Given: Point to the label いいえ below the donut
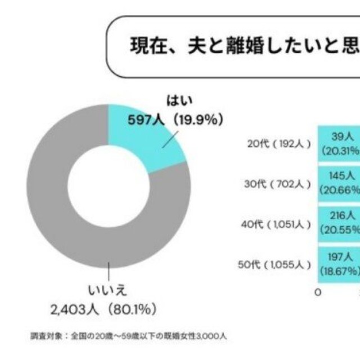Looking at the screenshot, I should click(107, 290).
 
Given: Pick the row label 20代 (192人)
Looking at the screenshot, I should click(279, 143).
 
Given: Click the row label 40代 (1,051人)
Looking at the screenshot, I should click(275, 224).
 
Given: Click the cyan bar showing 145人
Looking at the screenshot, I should click(340, 183).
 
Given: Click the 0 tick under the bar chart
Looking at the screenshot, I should click(319, 292).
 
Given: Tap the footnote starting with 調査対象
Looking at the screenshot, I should click(129, 337).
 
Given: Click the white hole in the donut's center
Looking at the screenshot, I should click(108, 186).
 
